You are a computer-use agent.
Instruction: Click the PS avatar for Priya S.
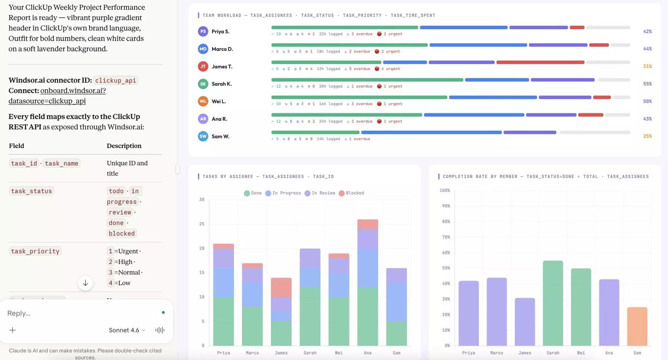click(203, 31)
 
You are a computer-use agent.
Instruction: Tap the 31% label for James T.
click(647, 66)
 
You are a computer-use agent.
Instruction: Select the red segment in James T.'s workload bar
click(540, 62)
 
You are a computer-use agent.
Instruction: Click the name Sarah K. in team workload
click(221, 84)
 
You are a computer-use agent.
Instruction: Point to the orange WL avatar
click(203, 101)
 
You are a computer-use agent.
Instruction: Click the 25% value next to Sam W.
click(647, 136)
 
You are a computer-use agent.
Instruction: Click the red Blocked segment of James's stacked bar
click(281, 287)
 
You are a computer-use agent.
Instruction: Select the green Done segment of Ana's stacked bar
click(367, 316)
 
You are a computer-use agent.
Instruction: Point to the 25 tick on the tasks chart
click(202, 224)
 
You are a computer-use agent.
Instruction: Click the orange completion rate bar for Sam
click(637, 326)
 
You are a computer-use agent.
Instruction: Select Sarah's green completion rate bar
click(553, 303)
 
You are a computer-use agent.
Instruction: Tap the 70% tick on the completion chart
click(446, 237)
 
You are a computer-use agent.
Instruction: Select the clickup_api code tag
click(115, 80)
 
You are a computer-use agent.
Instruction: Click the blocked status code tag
click(121, 233)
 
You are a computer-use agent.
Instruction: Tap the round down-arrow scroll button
click(85, 283)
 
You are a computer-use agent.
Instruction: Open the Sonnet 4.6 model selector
click(127, 330)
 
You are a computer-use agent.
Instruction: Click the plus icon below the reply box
click(12, 330)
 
